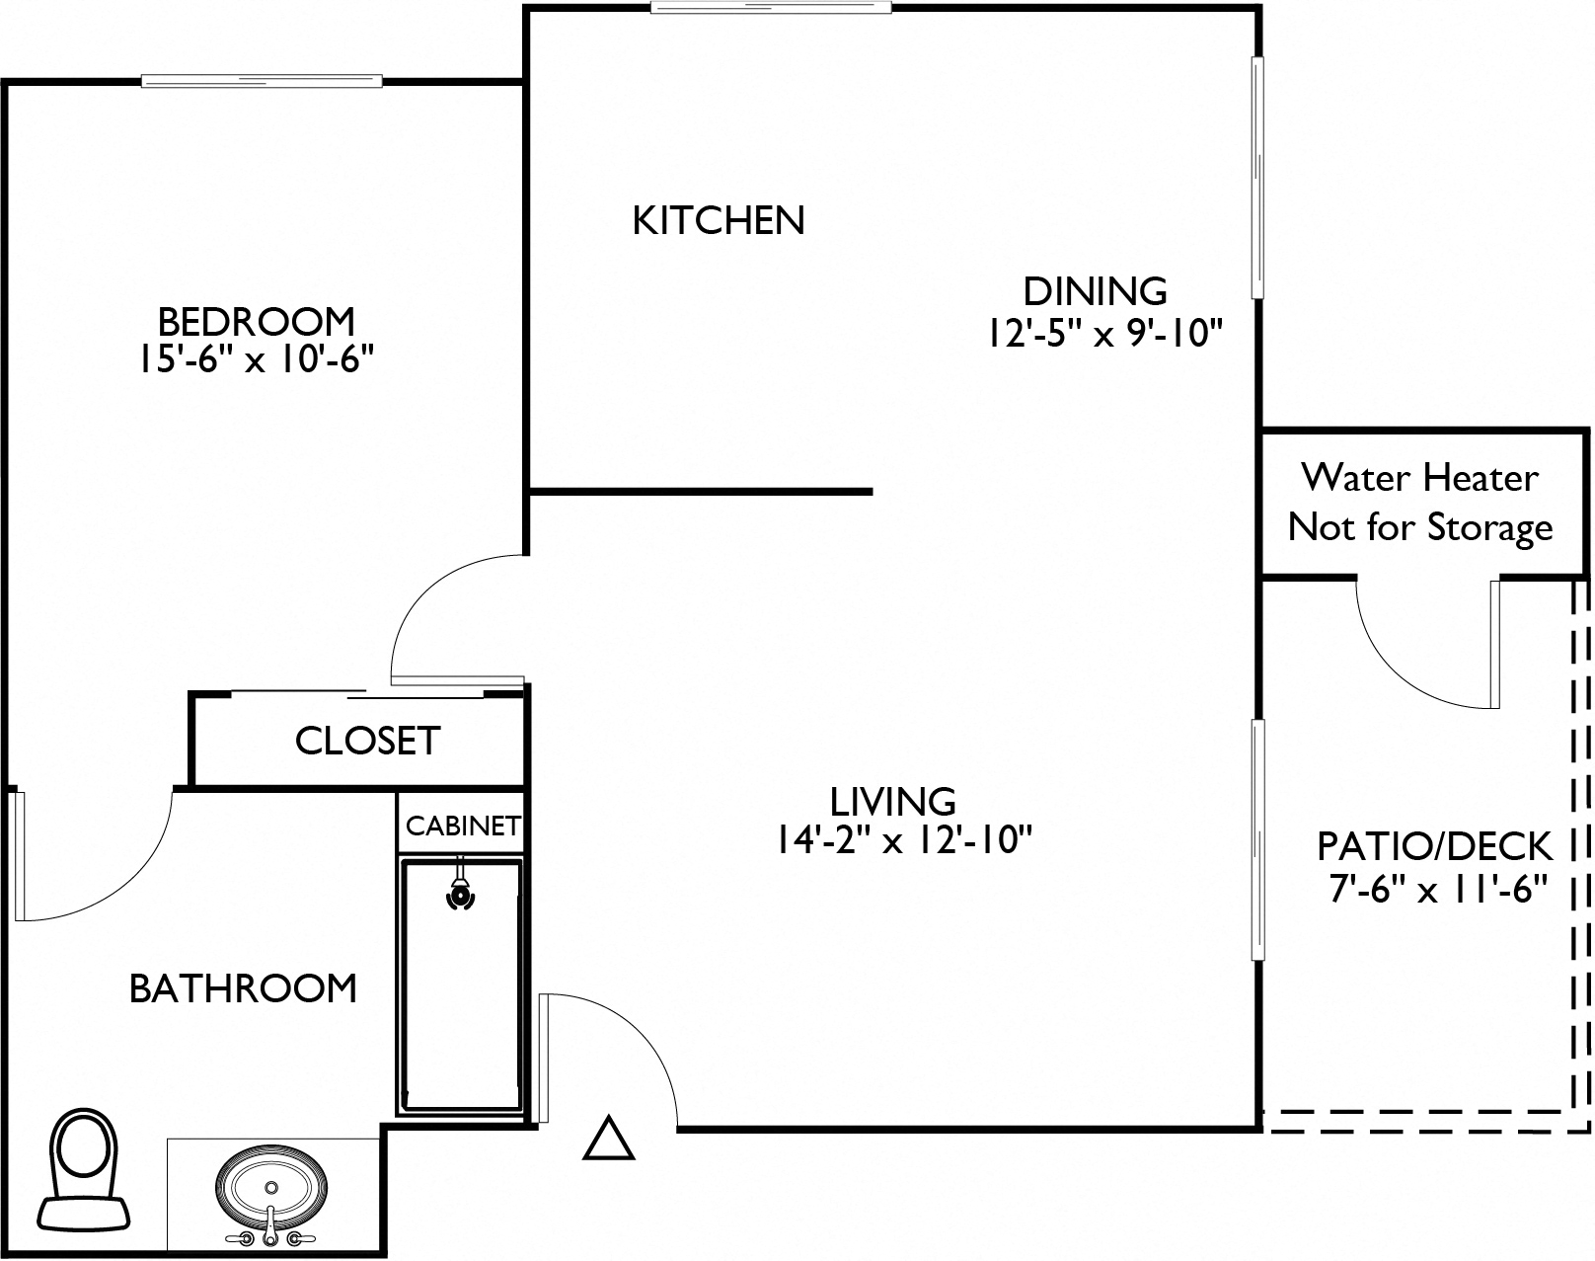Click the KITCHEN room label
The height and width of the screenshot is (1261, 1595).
[x=718, y=220]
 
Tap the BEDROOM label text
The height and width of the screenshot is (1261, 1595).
[x=256, y=321]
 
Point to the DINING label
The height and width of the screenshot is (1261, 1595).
[x=1095, y=291]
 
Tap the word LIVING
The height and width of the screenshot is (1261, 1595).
[x=892, y=800]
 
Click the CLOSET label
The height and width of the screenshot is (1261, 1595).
[x=366, y=741]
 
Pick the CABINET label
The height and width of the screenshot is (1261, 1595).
[x=462, y=826]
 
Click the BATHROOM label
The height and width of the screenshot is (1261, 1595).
[x=243, y=988]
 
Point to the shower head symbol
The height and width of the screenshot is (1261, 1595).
[x=459, y=893]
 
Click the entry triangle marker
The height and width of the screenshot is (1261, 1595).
[x=608, y=1140]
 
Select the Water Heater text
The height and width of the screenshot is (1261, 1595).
[x=1418, y=478]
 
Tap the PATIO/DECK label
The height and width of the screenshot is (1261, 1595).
[x=1434, y=846]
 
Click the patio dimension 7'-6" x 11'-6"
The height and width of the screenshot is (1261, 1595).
[x=1435, y=890]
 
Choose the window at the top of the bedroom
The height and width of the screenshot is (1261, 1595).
[x=262, y=81]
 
